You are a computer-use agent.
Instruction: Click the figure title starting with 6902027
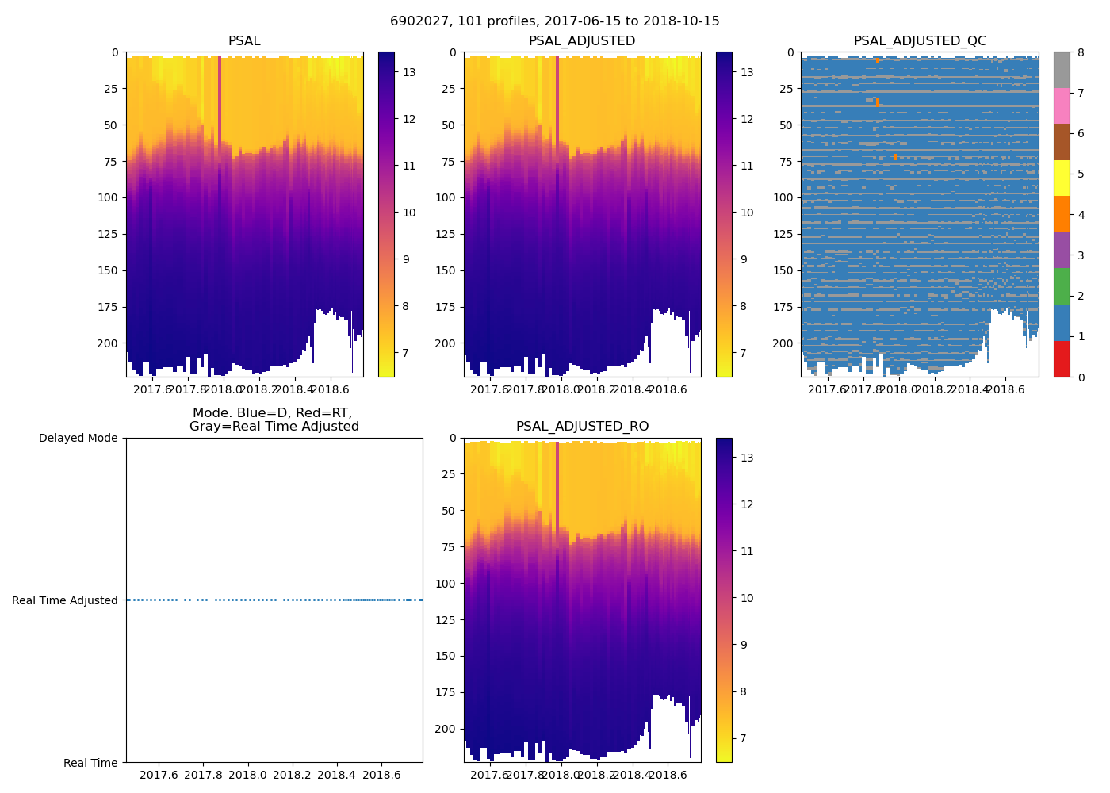[x=554, y=21]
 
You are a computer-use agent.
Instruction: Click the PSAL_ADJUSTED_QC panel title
[x=920, y=41]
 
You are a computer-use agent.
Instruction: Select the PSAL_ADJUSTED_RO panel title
[x=582, y=427]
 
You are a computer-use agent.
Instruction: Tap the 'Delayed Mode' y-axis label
[x=78, y=438]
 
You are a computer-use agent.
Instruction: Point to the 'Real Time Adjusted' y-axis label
[x=65, y=600]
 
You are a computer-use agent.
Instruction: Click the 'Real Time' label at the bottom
[x=90, y=763]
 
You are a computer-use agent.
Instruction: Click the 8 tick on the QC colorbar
[x=1081, y=52]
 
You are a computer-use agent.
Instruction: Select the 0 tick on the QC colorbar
[x=1081, y=377]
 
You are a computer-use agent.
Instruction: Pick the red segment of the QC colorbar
[x=1062, y=358]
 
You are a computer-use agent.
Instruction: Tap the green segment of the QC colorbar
[x=1062, y=286]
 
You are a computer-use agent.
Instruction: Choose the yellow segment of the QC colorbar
[x=1062, y=178]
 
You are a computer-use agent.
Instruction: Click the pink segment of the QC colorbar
[x=1062, y=105]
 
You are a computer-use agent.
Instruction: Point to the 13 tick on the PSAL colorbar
[x=409, y=72]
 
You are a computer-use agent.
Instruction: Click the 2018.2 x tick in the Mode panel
[x=293, y=775]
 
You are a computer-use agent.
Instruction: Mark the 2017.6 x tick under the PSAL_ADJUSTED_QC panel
[x=827, y=389]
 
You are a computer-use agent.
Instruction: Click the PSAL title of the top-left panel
[x=244, y=41]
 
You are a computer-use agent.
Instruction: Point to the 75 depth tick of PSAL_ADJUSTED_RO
[x=449, y=547]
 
